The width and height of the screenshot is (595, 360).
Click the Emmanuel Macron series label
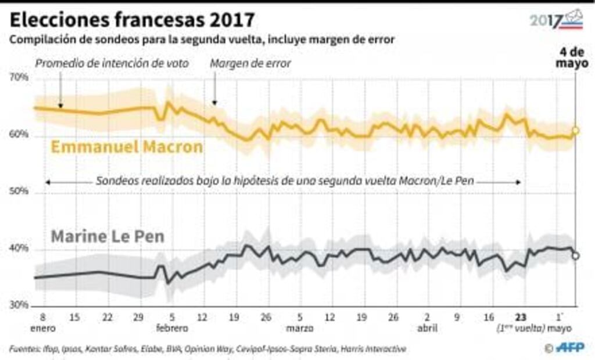(x=127, y=147)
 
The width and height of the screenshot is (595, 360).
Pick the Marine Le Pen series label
(x=108, y=237)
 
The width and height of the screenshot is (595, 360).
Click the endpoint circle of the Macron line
(x=575, y=131)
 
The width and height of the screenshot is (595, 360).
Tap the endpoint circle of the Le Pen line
(x=575, y=256)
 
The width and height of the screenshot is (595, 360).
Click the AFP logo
(x=572, y=348)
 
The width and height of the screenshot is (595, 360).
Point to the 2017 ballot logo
(x=557, y=20)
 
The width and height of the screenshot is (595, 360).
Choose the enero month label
(x=44, y=328)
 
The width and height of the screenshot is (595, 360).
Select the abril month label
(x=427, y=328)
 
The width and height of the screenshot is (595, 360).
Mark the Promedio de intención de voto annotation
(x=112, y=63)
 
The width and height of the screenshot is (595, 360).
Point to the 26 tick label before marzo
(x=266, y=318)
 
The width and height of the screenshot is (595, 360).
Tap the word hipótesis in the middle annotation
(x=255, y=181)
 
